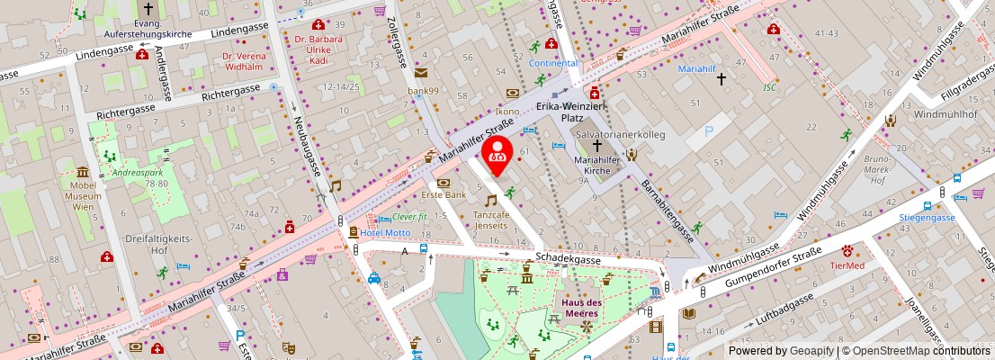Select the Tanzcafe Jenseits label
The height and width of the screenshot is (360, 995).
point(490,221)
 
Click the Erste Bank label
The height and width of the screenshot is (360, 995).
point(444,194)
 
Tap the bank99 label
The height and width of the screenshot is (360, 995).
point(422,91)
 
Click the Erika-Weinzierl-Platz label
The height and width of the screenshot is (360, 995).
point(572,112)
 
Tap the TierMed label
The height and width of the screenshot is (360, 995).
point(847,265)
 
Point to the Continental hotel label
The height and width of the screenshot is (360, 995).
point(552,64)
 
